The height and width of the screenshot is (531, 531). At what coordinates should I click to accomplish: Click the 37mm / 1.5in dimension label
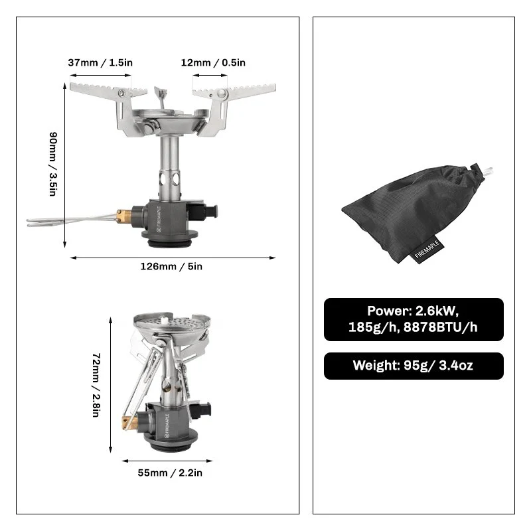click(100, 62)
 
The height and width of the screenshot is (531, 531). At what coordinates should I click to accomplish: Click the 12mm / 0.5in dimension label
click(213, 62)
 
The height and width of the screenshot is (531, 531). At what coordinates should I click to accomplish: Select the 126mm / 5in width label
click(171, 266)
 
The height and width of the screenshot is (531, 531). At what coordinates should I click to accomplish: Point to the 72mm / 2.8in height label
click(96, 385)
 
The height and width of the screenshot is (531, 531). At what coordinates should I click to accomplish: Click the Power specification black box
click(414, 319)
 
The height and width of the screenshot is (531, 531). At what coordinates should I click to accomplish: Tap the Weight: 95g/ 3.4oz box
click(414, 366)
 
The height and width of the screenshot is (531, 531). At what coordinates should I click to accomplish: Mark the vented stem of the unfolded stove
click(169, 173)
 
